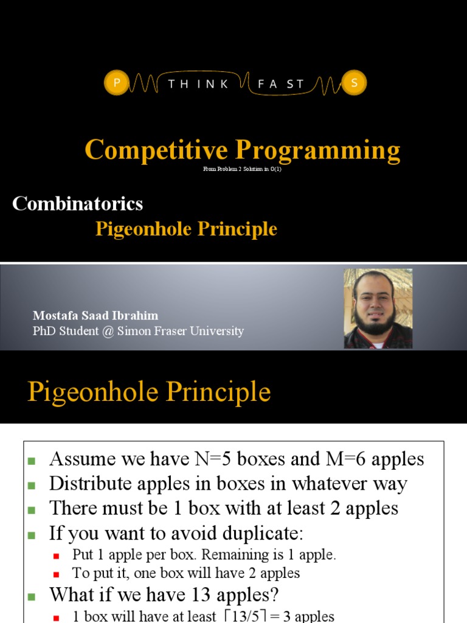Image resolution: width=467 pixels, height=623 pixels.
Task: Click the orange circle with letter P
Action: pos(116,84)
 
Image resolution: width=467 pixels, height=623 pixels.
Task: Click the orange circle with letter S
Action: pos(355,84)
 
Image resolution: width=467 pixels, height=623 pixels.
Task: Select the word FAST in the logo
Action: pos(281,85)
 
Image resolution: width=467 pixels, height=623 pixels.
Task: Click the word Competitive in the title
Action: pos(157,150)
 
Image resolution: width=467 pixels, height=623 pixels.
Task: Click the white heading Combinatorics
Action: pos(78,203)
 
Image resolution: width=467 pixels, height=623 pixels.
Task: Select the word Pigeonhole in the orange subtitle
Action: pos(142,229)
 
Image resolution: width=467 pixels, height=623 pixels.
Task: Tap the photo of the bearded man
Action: pos(378,308)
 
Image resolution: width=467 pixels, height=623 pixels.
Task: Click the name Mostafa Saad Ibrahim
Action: pos(95,316)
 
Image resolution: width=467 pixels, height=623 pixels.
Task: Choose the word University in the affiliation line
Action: pos(215,331)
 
